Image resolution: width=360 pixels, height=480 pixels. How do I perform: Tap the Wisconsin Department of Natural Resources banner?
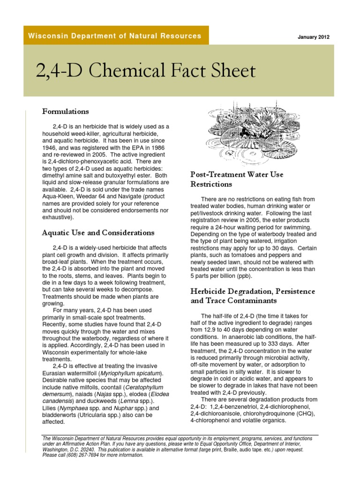click(115, 36)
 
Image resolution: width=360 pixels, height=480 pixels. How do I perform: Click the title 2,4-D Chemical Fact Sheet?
click(146, 71)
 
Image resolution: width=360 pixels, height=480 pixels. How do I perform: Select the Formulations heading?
click(66, 112)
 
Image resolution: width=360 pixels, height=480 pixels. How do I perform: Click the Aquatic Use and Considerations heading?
click(98, 232)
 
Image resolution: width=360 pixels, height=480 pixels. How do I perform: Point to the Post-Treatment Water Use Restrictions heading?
click(237, 179)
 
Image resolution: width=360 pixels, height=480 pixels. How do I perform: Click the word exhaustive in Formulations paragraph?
click(57, 217)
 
